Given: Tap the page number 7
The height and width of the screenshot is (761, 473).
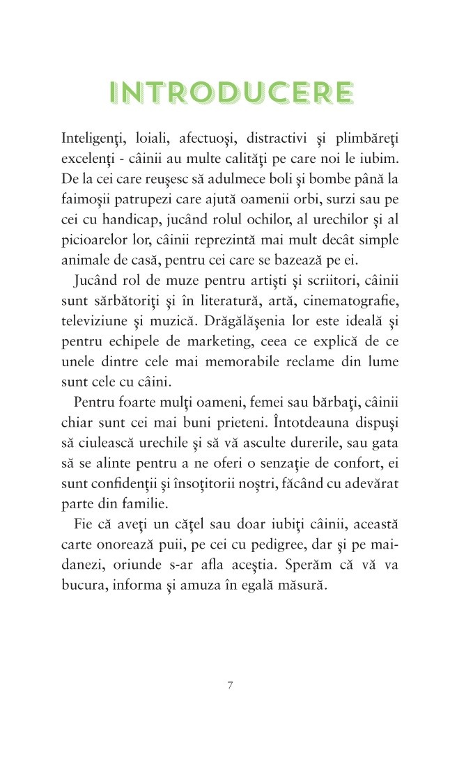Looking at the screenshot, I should pos(230,684).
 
